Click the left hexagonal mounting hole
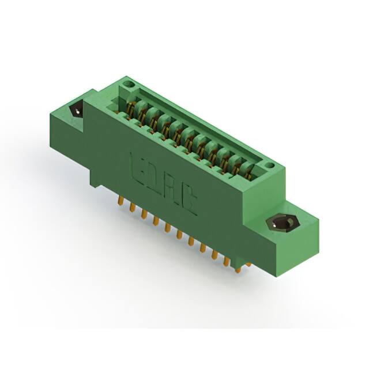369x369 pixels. click(76, 111)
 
